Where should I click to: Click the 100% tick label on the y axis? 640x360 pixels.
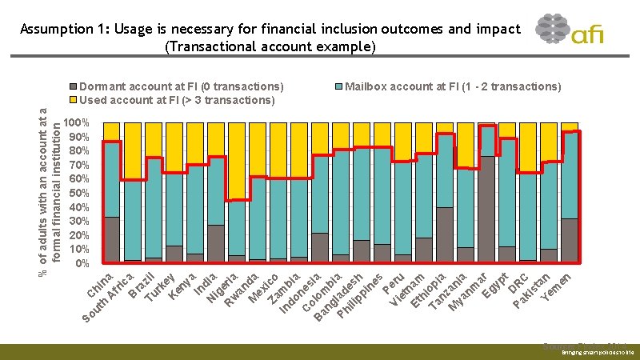pos(78,124)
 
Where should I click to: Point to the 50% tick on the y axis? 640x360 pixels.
pos(78,194)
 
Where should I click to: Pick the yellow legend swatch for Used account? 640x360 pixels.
pos(74,100)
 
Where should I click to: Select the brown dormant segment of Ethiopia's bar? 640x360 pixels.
pos(445,234)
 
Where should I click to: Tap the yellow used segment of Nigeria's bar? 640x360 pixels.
pos(237,160)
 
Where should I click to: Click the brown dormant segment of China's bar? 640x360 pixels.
pos(112,239)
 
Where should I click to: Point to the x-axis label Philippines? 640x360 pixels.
pos(359,297)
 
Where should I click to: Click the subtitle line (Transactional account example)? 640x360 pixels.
pos(270,46)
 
